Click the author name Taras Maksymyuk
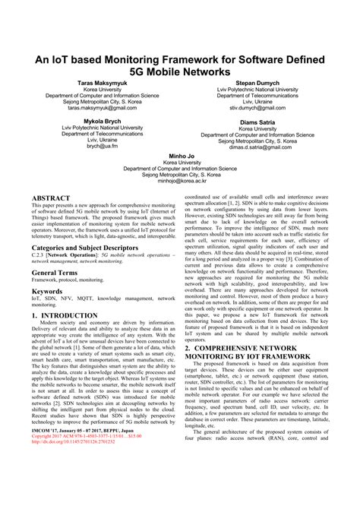tap(103, 81)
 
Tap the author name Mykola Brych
tap(103, 120)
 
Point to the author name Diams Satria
tap(257, 120)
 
